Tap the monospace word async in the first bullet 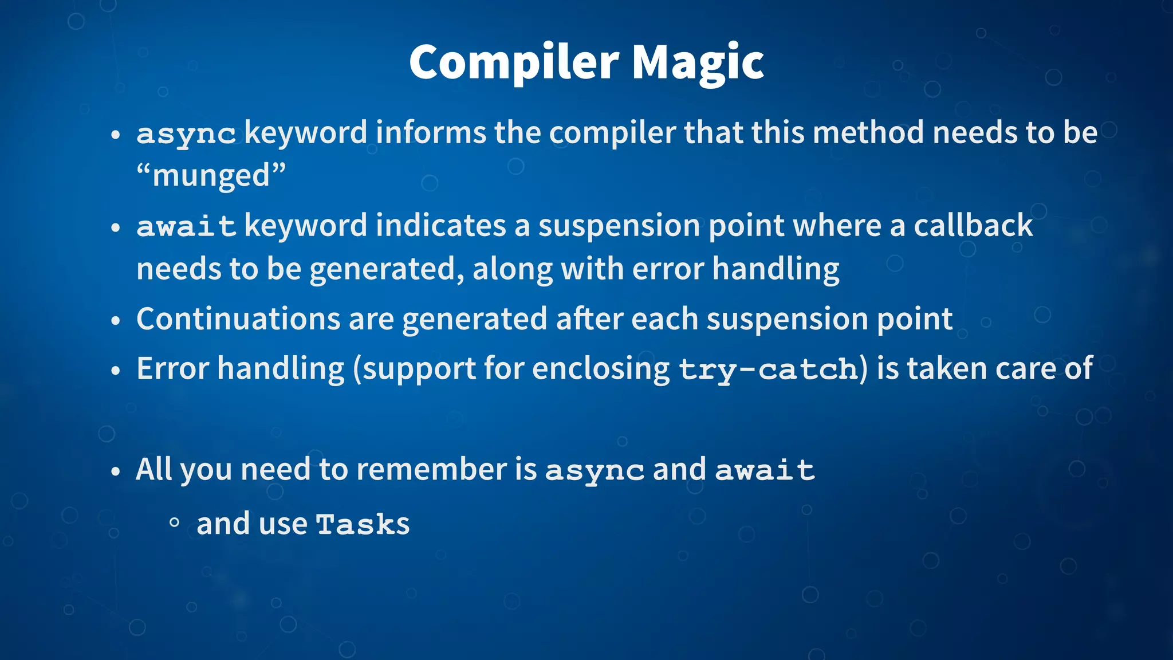186,133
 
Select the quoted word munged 211,175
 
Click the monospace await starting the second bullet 186,226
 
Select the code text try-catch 769,369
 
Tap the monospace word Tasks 363,524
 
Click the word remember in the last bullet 431,469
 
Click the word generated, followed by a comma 387,269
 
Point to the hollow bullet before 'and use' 175,522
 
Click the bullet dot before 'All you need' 116,472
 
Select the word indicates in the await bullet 440,225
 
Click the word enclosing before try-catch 601,368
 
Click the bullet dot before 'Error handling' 116,371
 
